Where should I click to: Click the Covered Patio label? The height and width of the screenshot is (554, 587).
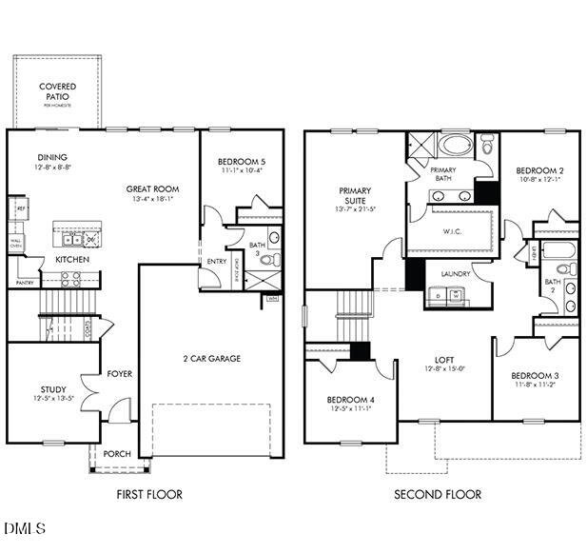pos(57,91)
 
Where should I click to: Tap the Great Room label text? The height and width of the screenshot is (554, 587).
pos(152,189)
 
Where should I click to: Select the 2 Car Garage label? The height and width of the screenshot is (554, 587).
pos(211,359)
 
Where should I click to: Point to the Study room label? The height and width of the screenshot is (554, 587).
pos(53,388)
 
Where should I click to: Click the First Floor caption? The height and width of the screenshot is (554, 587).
pos(149,494)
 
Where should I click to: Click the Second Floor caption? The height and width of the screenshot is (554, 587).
pos(438,494)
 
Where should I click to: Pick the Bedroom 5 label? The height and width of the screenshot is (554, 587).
pos(241,162)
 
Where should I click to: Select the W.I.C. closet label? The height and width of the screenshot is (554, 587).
pos(452,230)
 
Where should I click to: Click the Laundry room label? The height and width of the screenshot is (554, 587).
pos(455,274)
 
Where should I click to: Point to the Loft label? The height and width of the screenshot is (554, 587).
pos(444,360)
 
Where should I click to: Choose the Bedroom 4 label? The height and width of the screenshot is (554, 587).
pos(350,399)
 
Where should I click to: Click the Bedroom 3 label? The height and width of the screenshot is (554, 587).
pos(535,376)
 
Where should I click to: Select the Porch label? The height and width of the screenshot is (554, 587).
pos(116,453)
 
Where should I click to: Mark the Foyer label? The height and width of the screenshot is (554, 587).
pos(119,374)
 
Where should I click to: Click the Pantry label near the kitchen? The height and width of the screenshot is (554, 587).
pos(25,282)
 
